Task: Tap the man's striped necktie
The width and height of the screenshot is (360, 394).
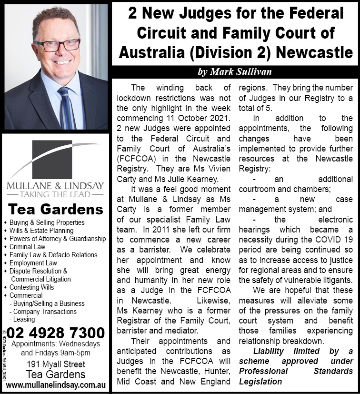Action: tap(66, 107)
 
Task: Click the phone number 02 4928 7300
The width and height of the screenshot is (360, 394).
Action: tap(56, 332)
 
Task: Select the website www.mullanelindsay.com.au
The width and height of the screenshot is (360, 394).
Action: tap(56, 384)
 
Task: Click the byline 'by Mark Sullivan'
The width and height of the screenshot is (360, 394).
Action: tap(234, 72)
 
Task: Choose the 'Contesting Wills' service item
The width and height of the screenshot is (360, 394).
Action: tap(32, 287)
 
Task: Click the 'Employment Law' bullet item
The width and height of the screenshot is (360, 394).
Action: tap(33, 263)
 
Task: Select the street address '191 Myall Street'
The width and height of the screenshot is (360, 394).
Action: tap(56, 364)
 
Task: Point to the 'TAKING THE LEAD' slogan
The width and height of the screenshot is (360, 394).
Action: tap(55, 194)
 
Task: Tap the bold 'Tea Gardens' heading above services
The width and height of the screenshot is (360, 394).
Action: tap(56, 209)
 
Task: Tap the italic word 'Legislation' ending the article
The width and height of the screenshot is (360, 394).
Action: tap(260, 382)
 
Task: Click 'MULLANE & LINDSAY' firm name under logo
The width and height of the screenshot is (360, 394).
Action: tap(55, 185)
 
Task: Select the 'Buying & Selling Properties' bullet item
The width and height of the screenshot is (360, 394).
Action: tap(47, 222)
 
